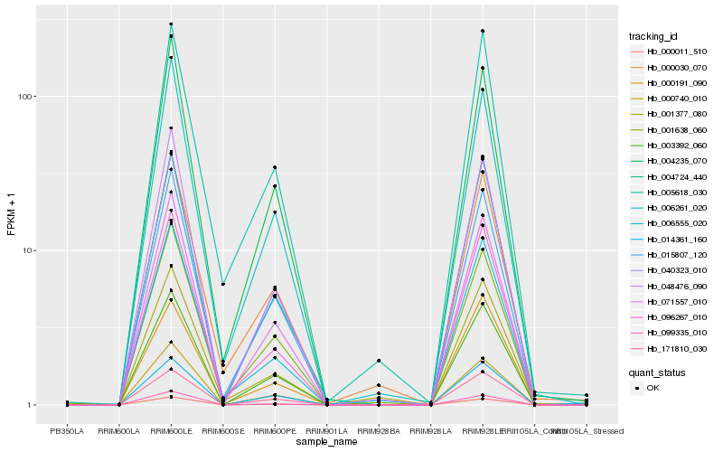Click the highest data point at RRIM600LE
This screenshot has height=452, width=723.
pyautogui.click(x=171, y=24)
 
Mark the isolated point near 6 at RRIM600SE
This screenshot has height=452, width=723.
pyautogui.click(x=222, y=284)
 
